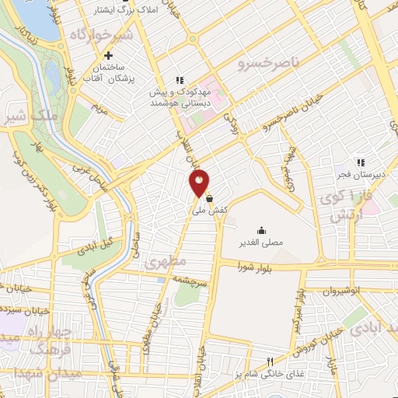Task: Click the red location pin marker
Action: (200, 183)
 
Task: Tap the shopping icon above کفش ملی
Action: (210, 198)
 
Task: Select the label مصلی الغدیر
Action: (260, 242)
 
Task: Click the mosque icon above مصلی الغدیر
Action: (260, 230)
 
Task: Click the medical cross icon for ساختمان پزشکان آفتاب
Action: (109, 56)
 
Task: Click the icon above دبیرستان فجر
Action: (360, 162)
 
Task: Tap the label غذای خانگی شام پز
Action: (271, 374)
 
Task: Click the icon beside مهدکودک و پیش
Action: (180, 80)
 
